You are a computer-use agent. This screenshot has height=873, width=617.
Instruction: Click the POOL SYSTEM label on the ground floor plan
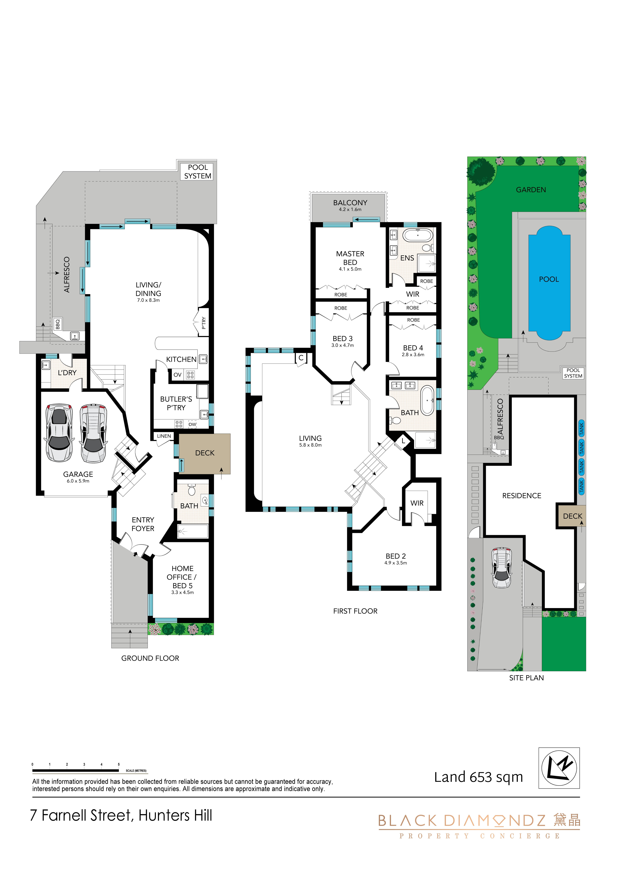click(198, 172)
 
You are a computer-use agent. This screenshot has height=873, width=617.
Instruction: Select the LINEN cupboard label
click(164, 436)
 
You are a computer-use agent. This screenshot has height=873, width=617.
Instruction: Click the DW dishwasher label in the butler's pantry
click(192, 424)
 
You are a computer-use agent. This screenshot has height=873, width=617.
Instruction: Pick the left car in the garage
click(59, 433)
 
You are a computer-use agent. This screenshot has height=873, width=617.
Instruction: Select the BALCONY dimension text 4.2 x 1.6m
click(350, 210)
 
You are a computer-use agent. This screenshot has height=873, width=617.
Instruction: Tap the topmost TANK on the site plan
click(581, 429)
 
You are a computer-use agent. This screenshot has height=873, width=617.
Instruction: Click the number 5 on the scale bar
click(119, 764)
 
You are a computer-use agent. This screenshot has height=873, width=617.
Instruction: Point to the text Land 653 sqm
click(479, 777)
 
